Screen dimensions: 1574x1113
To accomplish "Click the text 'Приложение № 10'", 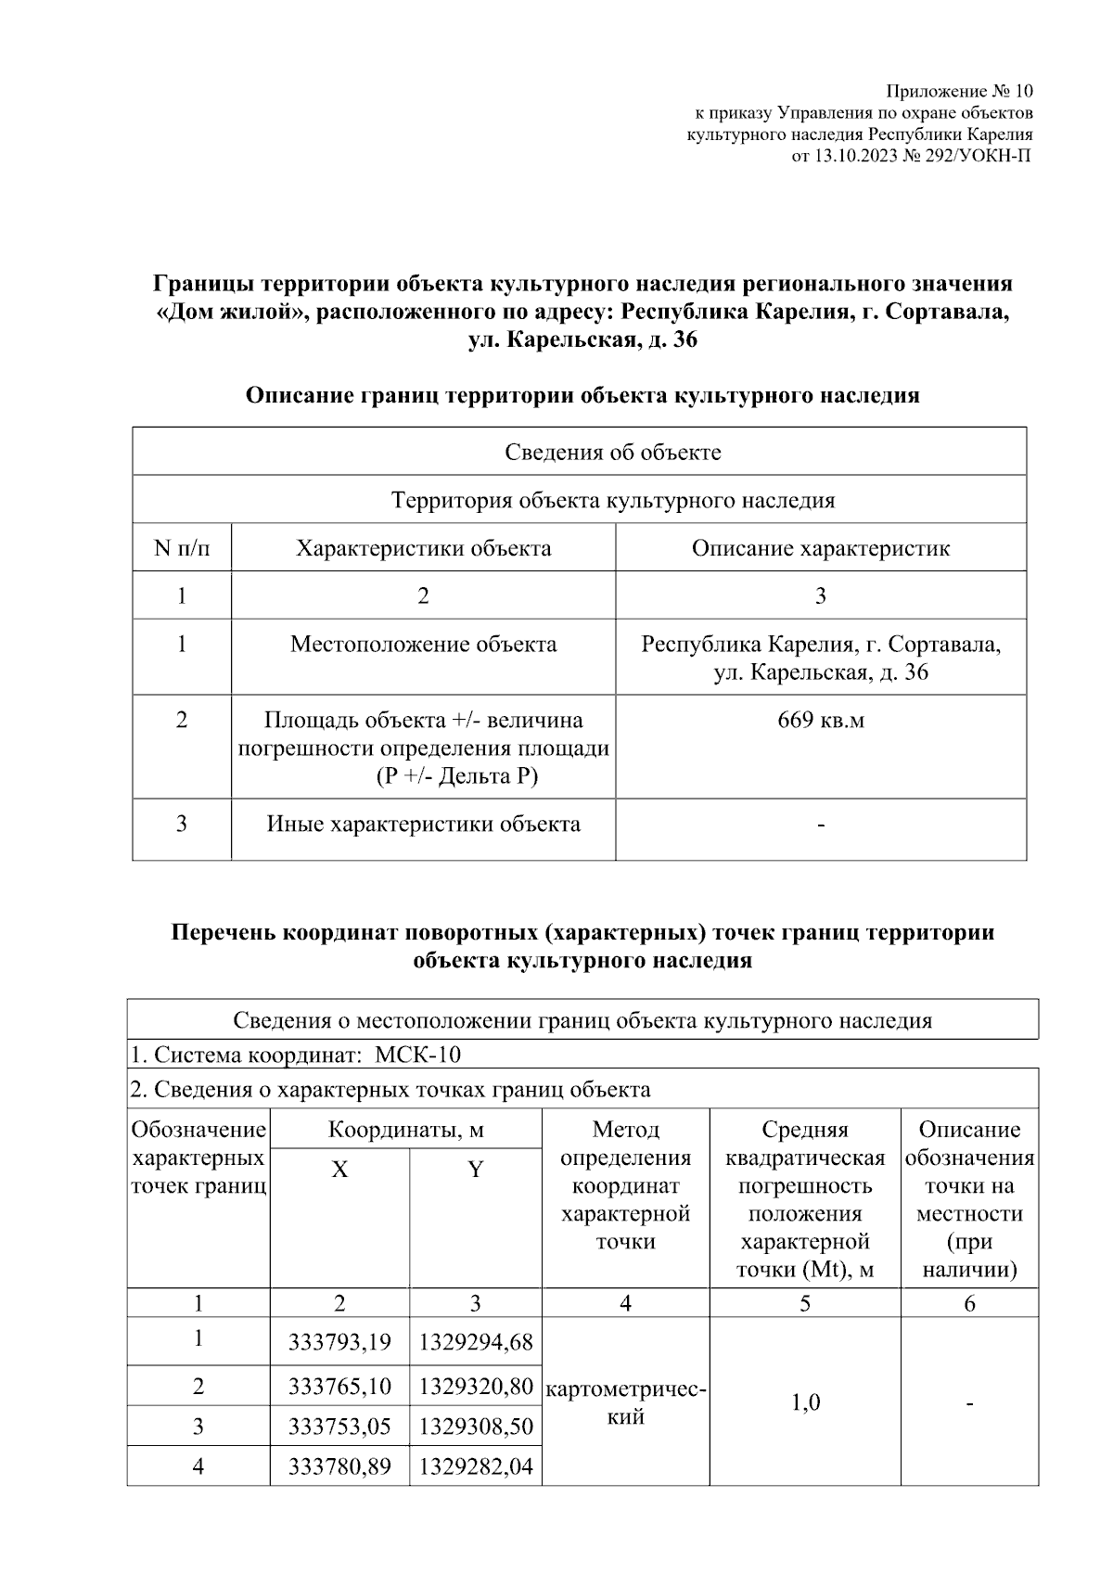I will [x=959, y=91].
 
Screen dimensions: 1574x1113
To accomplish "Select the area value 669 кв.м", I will [x=820, y=720].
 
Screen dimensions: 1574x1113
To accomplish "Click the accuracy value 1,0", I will [x=805, y=1401].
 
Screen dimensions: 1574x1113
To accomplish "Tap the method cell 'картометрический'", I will [x=626, y=1402].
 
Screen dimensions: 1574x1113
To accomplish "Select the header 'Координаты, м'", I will [x=405, y=1129].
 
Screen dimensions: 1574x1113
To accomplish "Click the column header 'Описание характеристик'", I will [x=820, y=547].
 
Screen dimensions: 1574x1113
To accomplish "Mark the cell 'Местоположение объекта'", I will [x=423, y=644].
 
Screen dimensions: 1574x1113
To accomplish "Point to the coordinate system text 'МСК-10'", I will [x=417, y=1055].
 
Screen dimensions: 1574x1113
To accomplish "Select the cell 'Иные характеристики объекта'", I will [x=423, y=824].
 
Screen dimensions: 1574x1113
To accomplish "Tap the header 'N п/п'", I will [x=182, y=547].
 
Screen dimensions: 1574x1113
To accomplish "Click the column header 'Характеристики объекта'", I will [x=423, y=547].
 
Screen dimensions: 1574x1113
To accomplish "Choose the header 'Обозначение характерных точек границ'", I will [x=198, y=1158].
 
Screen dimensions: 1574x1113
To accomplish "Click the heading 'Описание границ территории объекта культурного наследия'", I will [x=582, y=395].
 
